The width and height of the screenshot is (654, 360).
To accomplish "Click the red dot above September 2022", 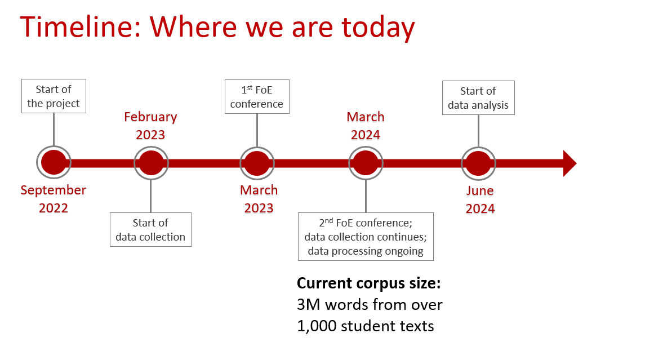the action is coord(54,162).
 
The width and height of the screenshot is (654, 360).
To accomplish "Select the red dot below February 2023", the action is coord(151,163).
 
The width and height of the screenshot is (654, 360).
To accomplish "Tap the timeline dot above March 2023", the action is coord(257,163).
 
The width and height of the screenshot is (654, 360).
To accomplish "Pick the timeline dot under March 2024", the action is coord(366,163).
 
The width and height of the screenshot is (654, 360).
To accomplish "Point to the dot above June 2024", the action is coord(478,163).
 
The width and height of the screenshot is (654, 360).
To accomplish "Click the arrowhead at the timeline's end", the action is coord(570,163).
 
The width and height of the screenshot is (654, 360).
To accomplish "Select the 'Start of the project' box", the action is coord(54,96).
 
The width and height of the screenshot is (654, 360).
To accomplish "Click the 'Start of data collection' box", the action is coord(150,230).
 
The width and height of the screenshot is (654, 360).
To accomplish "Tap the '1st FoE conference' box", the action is coord(257,97).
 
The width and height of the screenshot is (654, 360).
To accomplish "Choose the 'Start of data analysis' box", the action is coord(478,97).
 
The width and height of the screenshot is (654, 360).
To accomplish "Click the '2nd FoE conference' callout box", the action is coord(366,237).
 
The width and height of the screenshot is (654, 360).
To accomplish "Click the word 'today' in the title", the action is coord(379,28).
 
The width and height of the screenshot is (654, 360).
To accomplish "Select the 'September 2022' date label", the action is coord(54,199).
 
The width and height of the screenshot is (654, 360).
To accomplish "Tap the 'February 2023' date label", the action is coord(150,126).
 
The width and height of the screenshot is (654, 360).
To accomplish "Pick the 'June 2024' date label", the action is coord(480,199).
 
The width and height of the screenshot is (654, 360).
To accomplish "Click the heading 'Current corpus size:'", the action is coord(369,283).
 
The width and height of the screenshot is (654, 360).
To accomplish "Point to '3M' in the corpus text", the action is coord(309,305).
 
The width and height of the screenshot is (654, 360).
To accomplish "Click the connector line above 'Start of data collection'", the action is coord(150,197).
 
